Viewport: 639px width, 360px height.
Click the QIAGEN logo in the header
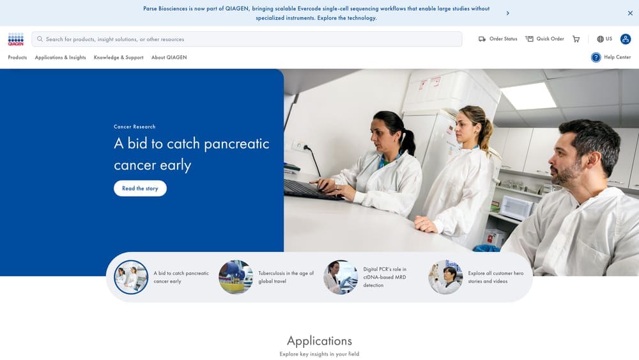tap(16, 39)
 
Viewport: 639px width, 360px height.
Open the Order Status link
tap(498, 39)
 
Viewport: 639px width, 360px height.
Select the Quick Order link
tap(544, 39)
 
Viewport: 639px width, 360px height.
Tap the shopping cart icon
tap(576, 39)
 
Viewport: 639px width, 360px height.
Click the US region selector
tap(604, 39)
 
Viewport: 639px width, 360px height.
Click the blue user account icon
tap(626, 39)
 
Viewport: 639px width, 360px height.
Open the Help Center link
tap(611, 58)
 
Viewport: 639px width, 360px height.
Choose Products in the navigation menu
tap(17, 58)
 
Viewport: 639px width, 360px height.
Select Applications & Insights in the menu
tap(60, 58)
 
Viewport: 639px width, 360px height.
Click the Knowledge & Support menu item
tap(118, 58)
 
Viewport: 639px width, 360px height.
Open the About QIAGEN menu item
tap(169, 58)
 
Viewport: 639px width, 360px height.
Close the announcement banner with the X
tap(630, 13)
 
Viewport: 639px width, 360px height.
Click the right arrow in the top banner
tap(507, 13)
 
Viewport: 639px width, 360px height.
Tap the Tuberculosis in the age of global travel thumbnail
tap(236, 277)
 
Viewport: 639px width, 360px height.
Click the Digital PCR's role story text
tap(385, 277)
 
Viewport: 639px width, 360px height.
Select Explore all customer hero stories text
tap(495, 277)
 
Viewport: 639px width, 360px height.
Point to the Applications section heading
tap(319, 340)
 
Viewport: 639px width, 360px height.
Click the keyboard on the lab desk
tap(313, 189)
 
